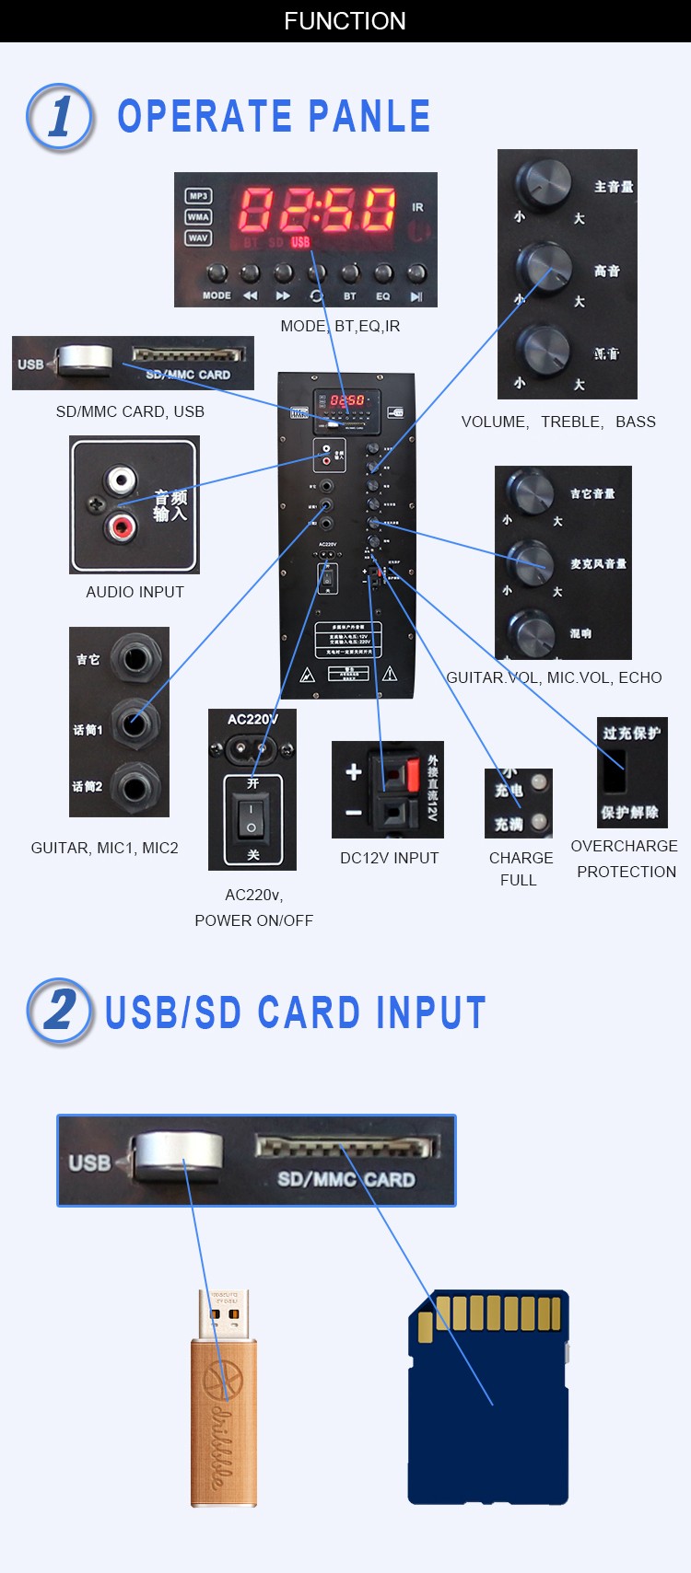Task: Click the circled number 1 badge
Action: coord(60,117)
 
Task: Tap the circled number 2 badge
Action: coord(60,1011)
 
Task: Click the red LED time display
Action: coord(317,209)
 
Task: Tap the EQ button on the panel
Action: coord(383,274)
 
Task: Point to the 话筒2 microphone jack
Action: coord(135,788)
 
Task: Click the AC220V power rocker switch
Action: coord(252,817)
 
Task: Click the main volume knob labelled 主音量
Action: coord(543,182)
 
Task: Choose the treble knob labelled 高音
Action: coord(544,266)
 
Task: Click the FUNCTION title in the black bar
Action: coord(345,21)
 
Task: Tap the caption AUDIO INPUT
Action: coord(135,592)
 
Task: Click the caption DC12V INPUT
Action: coord(389,858)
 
